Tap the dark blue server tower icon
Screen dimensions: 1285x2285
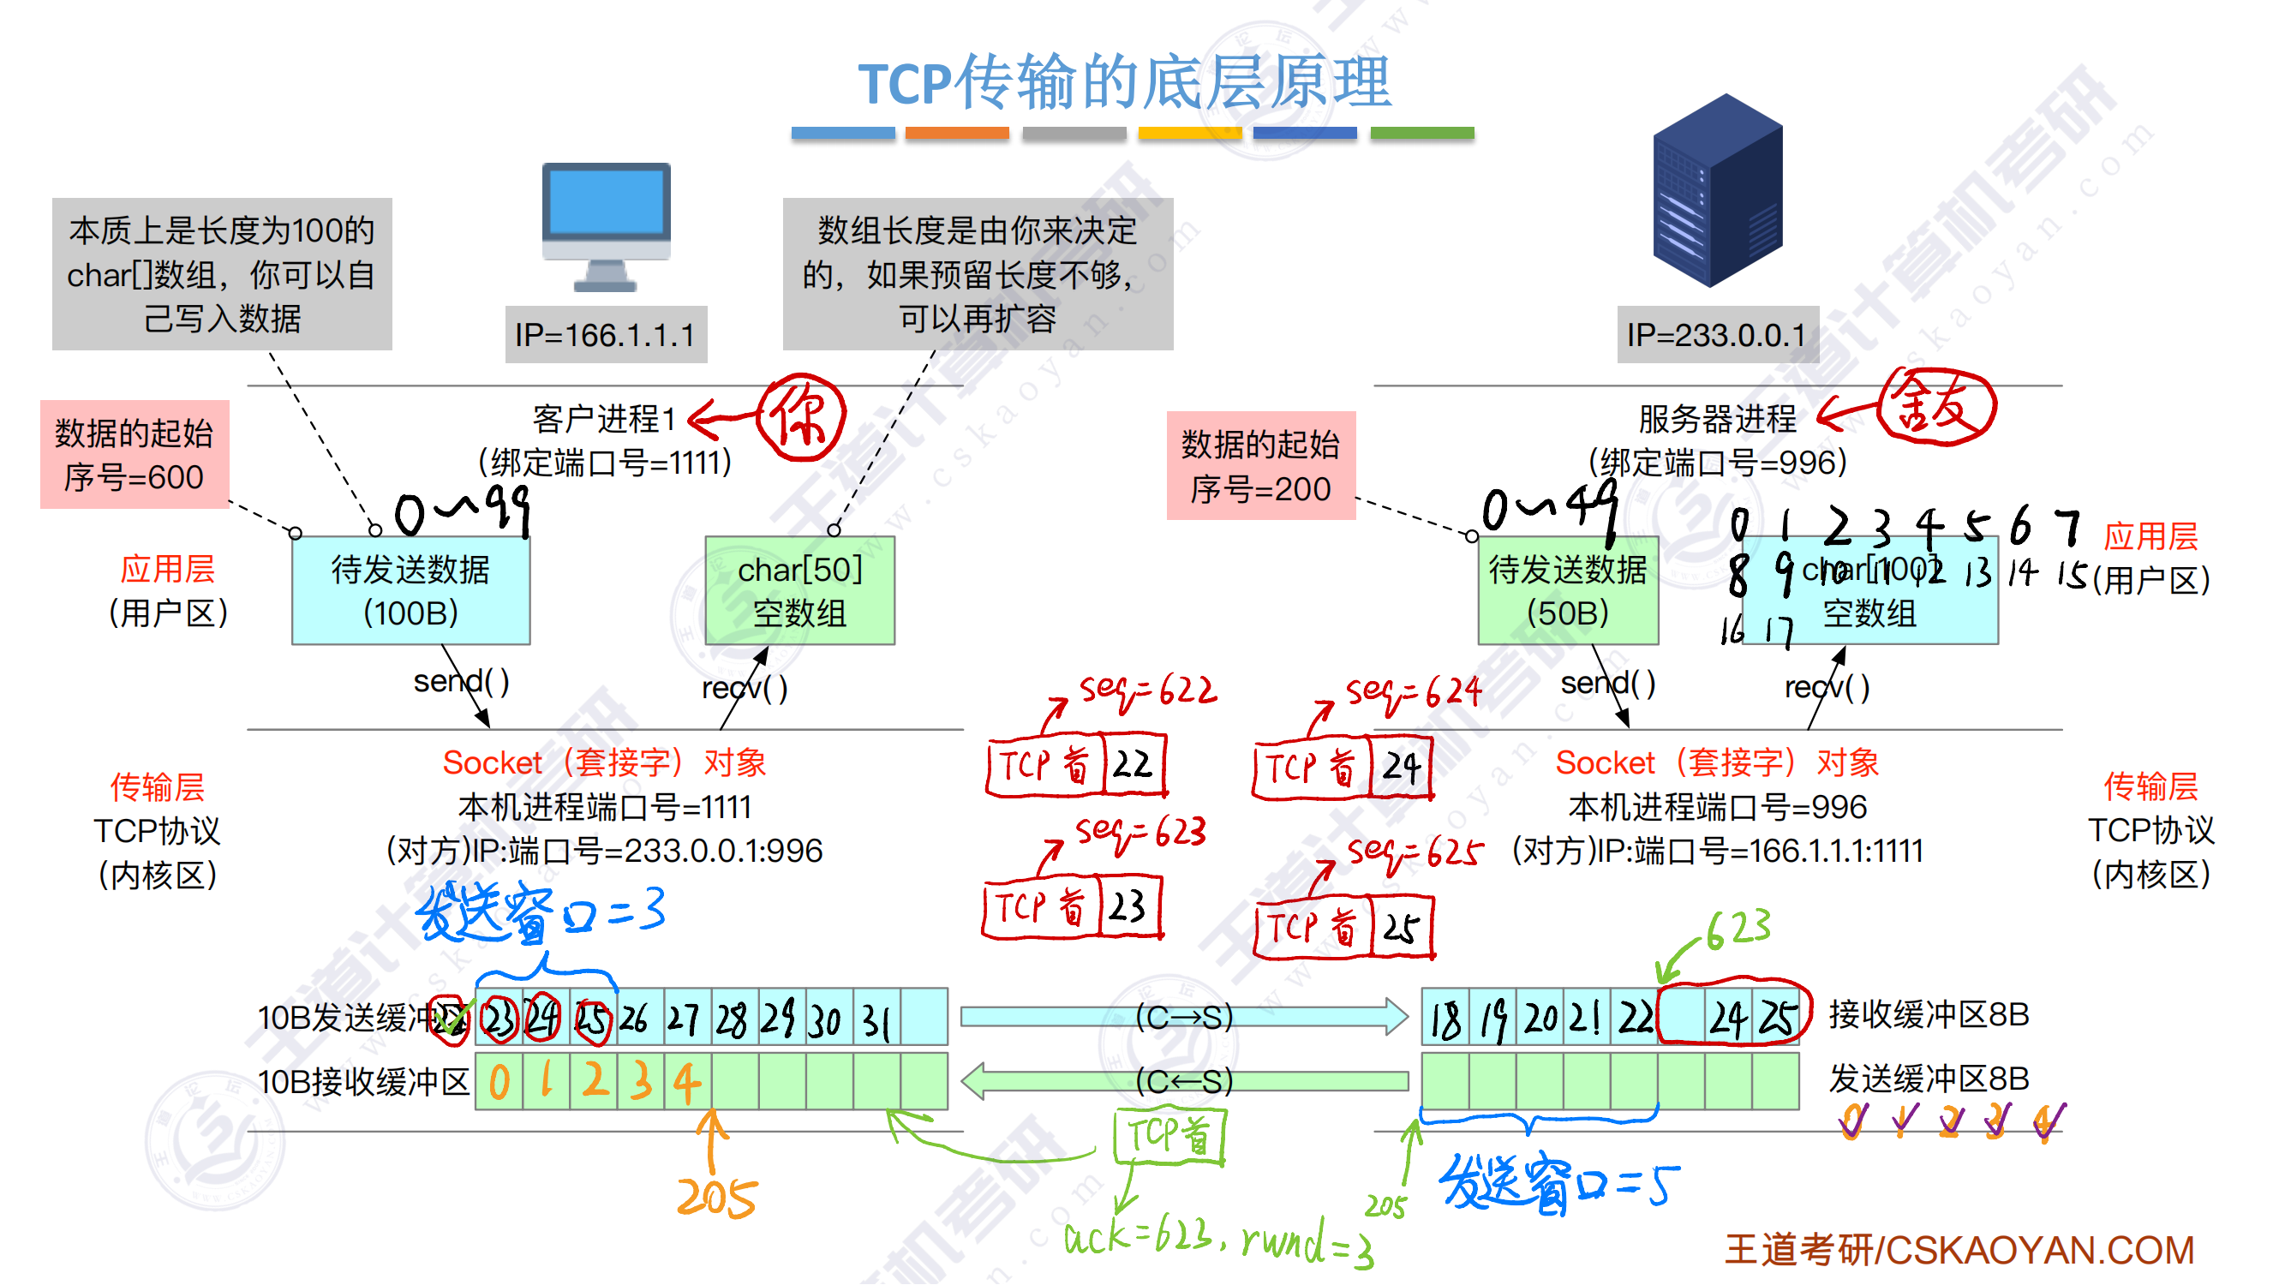coord(1718,191)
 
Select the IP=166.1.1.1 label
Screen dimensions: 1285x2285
coord(605,334)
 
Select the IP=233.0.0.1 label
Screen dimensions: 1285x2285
coord(1716,334)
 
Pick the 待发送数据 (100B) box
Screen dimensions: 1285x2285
coord(410,589)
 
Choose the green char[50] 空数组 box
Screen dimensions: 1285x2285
coord(799,589)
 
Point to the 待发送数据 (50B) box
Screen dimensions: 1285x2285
coord(1567,589)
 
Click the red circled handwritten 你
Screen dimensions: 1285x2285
coord(801,417)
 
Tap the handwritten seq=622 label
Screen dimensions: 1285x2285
coord(1148,690)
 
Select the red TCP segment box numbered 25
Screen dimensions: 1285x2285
coord(1344,928)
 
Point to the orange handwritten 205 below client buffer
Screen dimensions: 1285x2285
coord(717,1198)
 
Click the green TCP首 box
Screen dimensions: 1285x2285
coord(1169,1136)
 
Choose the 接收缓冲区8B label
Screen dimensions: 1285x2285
coord(1929,1013)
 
